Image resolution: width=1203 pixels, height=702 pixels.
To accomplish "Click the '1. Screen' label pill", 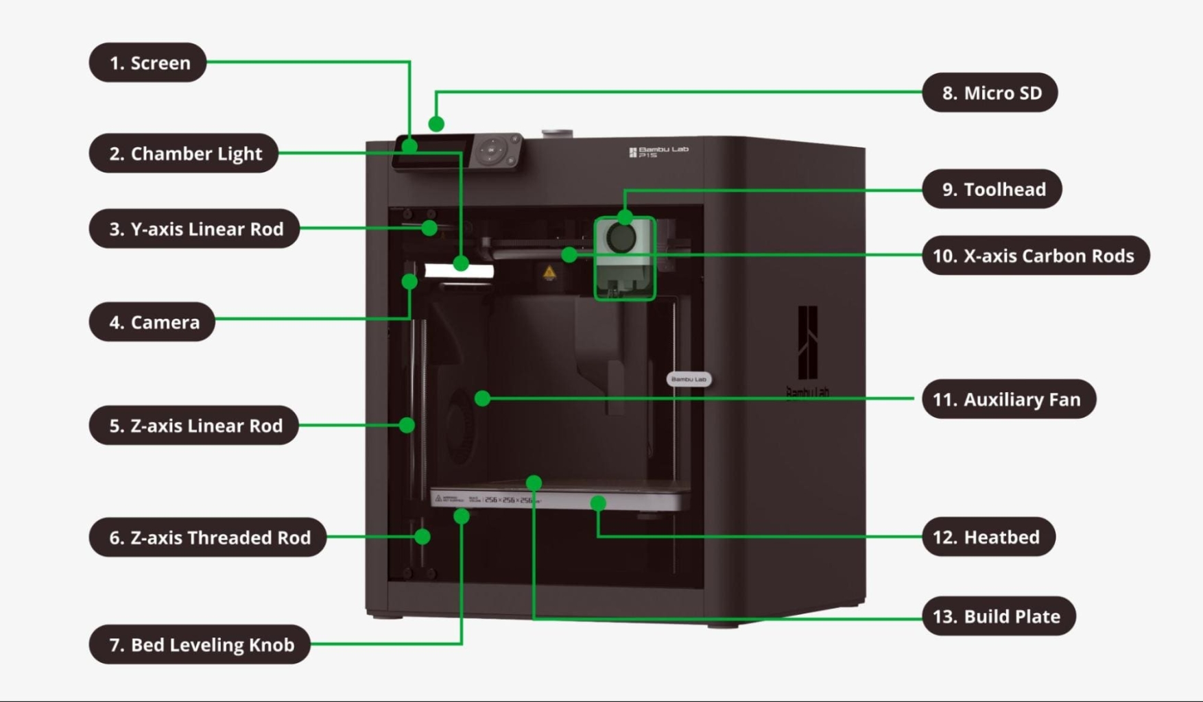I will [x=148, y=63].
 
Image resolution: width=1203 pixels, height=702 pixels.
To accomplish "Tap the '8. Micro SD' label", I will [x=990, y=93].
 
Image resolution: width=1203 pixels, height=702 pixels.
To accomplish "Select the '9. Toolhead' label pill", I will [x=992, y=189].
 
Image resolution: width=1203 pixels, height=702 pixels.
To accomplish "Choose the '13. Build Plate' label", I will [x=999, y=616].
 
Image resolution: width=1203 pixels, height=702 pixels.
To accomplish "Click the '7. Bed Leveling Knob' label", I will [x=200, y=644].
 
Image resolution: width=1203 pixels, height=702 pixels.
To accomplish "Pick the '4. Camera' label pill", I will [x=152, y=322].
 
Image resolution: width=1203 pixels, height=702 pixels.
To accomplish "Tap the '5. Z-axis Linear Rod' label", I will [x=194, y=426].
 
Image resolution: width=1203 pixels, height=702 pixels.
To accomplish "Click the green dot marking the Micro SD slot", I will [x=436, y=124].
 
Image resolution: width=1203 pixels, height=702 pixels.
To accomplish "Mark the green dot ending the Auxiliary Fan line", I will [x=483, y=398].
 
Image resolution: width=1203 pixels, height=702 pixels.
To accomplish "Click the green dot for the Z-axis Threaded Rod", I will [x=422, y=537].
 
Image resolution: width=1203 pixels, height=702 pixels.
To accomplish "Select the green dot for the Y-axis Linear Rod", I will [x=430, y=228].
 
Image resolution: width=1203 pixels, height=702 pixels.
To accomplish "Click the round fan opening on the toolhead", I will [x=621, y=239].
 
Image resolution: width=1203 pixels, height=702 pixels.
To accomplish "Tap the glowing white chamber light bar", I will [x=459, y=271].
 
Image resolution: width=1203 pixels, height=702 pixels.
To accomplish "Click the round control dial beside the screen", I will [x=491, y=150].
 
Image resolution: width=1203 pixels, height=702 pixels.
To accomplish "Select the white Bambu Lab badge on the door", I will [x=689, y=379].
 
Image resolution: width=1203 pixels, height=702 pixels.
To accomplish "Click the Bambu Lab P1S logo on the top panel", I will [x=658, y=152].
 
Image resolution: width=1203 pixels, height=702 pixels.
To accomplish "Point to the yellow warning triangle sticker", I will [x=549, y=273].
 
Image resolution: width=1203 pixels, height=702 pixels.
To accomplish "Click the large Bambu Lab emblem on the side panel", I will [x=808, y=343].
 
